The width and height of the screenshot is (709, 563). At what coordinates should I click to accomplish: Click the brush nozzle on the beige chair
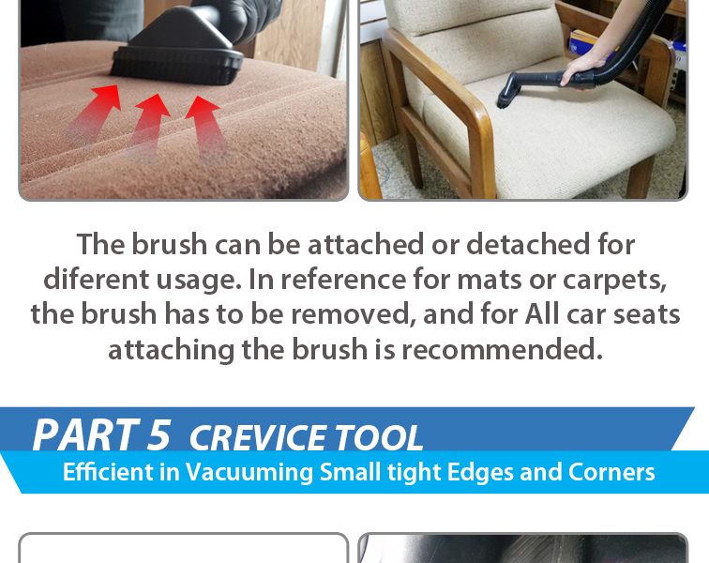507,93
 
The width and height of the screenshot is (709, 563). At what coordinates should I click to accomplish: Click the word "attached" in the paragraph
366,244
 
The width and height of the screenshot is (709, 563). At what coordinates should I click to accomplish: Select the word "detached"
528,244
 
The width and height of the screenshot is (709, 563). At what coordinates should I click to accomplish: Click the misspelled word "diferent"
96,280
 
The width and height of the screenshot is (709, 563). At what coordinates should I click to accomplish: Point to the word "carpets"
615,281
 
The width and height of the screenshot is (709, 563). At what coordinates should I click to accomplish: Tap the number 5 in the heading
158,435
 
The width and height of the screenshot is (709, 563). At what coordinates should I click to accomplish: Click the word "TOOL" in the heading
379,438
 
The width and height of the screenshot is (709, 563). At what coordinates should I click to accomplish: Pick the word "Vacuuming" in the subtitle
249,473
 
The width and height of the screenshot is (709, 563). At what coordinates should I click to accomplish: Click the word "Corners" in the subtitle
611,472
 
